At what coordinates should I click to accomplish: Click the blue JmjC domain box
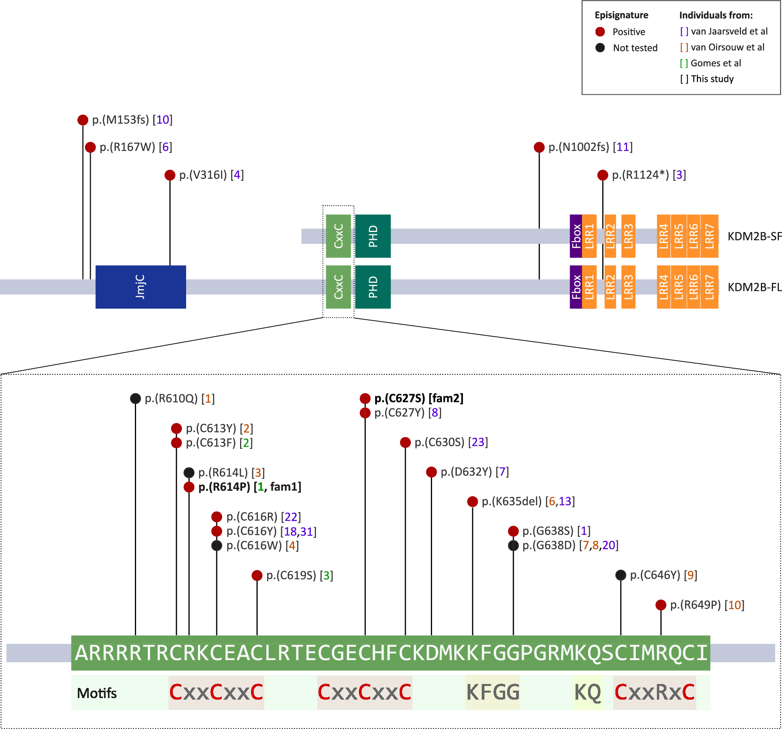tap(140, 287)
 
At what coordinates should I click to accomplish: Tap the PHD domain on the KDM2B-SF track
tap(373, 236)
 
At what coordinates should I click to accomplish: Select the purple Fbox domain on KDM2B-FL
tap(576, 287)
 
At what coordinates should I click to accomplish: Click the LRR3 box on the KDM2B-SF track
tap(628, 236)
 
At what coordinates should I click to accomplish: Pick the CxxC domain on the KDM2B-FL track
tap(338, 287)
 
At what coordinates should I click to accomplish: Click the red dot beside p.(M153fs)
tap(83, 120)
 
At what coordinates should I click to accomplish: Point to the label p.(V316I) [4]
tap(211, 175)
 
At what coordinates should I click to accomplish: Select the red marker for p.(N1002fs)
tap(539, 147)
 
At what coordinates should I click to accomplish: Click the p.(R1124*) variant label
tap(649, 175)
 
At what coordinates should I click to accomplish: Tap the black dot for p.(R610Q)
tap(135, 398)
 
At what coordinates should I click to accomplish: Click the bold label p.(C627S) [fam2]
tap(418, 398)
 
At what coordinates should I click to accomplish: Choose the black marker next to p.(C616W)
tap(216, 545)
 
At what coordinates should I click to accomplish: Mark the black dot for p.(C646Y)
tap(621, 575)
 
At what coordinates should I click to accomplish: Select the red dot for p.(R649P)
tap(660, 605)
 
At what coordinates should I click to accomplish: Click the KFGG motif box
tap(493, 692)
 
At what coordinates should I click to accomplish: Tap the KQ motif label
tap(587, 692)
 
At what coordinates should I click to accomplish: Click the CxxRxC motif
tap(654, 692)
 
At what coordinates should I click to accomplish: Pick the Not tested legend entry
tap(635, 48)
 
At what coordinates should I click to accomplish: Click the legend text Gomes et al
tap(716, 63)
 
